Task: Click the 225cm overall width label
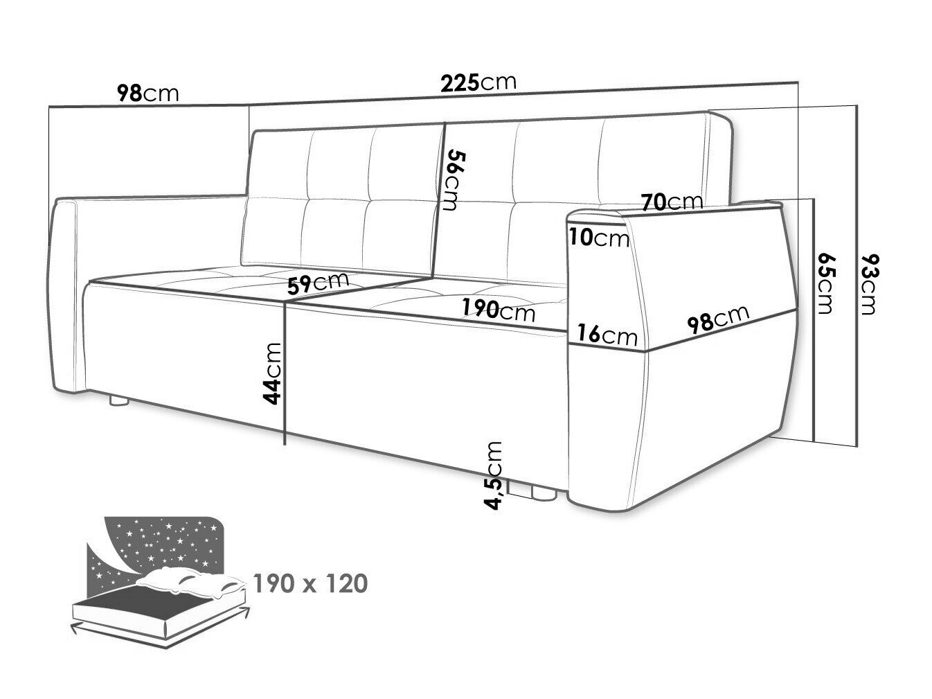(x=478, y=82)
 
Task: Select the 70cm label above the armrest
(x=672, y=202)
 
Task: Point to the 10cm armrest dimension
(x=599, y=238)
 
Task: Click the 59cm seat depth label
(x=318, y=283)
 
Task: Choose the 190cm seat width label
(x=499, y=310)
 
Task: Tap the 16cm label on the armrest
(x=607, y=334)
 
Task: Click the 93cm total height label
(x=869, y=284)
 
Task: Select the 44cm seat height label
(x=272, y=373)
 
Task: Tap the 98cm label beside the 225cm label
(x=147, y=94)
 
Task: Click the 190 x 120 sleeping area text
(x=310, y=583)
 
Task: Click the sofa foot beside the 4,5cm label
(x=544, y=493)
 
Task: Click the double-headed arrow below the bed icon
(x=160, y=632)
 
